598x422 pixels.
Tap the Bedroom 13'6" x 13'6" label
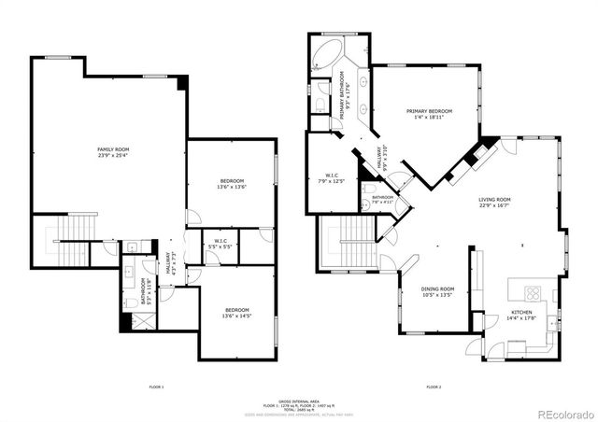pyautogui.click(x=232, y=184)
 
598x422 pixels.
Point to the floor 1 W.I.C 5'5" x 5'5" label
pyautogui.click(x=221, y=245)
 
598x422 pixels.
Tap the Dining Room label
pyautogui.click(x=436, y=292)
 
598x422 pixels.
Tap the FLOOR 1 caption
pyautogui.click(x=156, y=386)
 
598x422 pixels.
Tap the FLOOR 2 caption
pyautogui.click(x=434, y=386)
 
